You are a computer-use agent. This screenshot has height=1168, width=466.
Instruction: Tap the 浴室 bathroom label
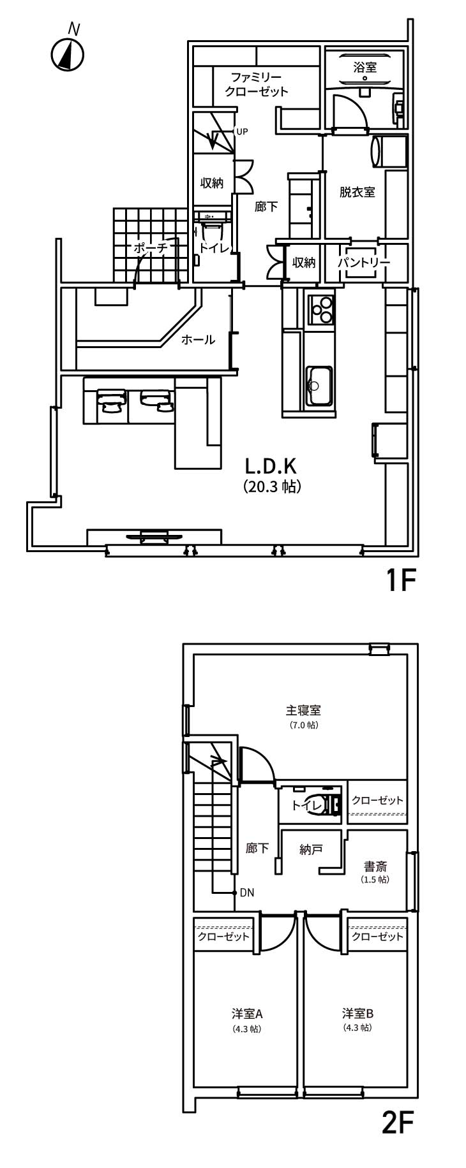click(365, 67)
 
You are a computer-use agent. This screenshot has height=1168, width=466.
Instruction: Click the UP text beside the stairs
click(242, 132)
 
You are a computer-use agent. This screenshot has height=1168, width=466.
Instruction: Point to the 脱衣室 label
click(357, 192)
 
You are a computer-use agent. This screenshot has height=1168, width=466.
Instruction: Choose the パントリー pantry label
click(364, 262)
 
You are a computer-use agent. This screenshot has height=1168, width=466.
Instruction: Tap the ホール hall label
click(198, 340)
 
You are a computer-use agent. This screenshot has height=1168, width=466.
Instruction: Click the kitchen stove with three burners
click(320, 309)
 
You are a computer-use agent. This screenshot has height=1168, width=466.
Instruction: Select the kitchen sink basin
click(319, 385)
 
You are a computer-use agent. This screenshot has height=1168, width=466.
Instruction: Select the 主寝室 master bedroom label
click(303, 710)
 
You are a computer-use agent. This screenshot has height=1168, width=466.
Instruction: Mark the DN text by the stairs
click(247, 893)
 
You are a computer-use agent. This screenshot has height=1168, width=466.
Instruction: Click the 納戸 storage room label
click(311, 849)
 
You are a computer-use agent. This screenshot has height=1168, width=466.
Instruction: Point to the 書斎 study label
click(375, 866)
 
